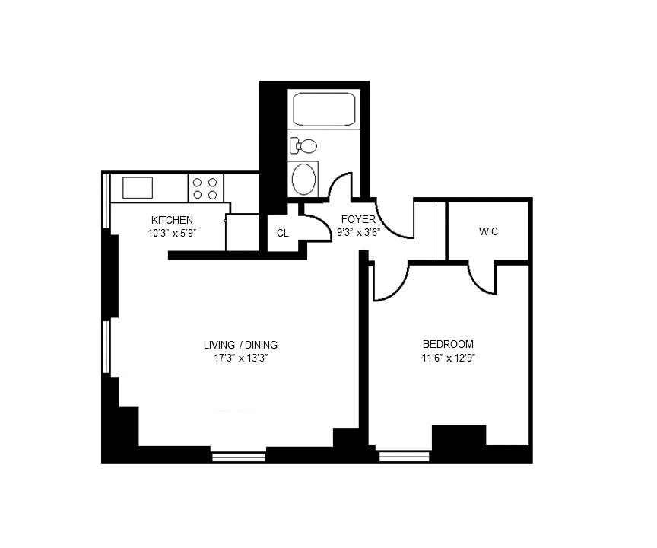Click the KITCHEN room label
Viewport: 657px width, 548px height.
click(167, 220)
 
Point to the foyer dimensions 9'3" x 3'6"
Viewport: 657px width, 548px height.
click(358, 233)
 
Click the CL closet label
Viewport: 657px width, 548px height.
click(282, 234)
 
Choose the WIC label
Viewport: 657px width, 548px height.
click(488, 231)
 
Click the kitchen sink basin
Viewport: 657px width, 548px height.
click(138, 187)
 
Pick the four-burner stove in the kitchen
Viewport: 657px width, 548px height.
click(205, 187)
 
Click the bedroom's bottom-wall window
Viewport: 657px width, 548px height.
click(400, 457)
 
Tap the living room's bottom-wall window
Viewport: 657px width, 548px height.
click(238, 457)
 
